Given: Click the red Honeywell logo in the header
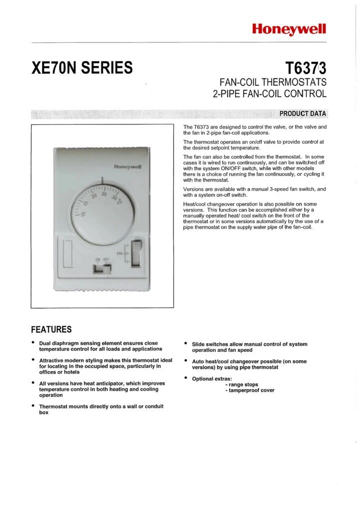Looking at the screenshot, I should [x=289, y=29].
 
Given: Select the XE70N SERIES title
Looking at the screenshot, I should [x=82, y=67].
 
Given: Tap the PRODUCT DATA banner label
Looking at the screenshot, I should [x=303, y=113].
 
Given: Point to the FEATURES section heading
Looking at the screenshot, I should [x=51, y=329].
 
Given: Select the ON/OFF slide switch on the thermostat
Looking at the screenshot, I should [x=103, y=269].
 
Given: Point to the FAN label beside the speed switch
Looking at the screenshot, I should [x=119, y=254].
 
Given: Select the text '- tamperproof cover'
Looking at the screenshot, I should [x=250, y=390].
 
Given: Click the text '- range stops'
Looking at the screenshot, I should [x=242, y=385].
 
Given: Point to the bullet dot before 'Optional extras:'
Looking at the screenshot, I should [x=186, y=378].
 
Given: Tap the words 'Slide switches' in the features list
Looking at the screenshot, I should [x=210, y=344].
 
